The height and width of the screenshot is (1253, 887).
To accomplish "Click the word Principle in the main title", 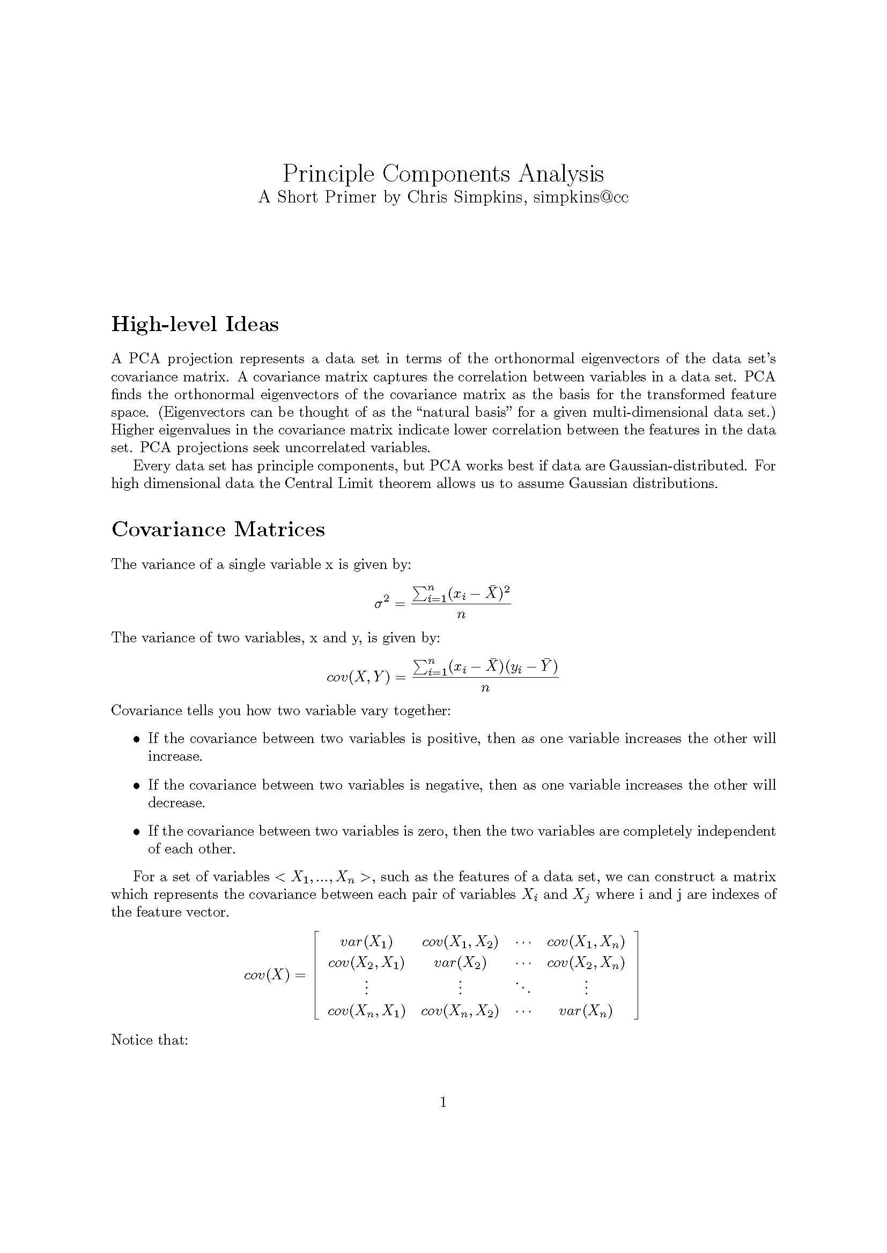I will click(x=328, y=175).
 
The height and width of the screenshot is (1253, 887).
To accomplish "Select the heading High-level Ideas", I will click(x=195, y=324).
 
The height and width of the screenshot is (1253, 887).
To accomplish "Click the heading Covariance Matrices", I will click(x=218, y=529).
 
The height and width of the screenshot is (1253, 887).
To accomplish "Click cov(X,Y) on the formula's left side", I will click(x=358, y=677).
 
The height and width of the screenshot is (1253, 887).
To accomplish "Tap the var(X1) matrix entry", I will click(x=366, y=941).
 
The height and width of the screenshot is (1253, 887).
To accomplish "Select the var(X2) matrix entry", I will click(x=460, y=963).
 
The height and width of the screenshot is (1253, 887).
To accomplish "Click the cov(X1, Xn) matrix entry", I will click(x=586, y=941).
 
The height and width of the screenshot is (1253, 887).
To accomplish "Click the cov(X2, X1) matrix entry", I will click(x=366, y=963).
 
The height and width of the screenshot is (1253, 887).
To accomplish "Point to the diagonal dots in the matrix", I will click(x=523, y=987).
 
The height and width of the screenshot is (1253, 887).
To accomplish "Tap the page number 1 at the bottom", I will click(x=443, y=1102).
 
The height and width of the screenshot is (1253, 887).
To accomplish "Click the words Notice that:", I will click(x=150, y=1040).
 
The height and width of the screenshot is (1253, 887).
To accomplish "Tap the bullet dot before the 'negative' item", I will click(x=137, y=786).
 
